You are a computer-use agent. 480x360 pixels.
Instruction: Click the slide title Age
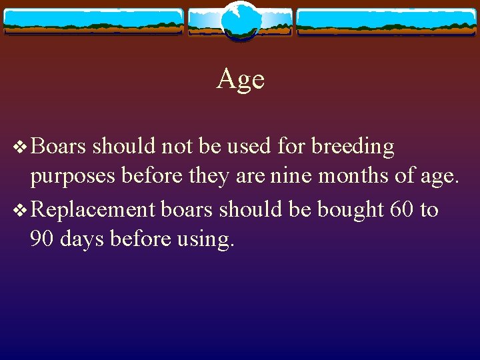coord(240,80)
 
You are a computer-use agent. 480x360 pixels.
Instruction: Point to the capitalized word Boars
coord(59,146)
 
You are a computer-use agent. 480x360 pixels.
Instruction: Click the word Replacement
coord(93,209)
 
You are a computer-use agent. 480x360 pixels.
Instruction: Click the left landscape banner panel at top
coord(93,22)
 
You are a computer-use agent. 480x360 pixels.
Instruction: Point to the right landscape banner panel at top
coord(387,22)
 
